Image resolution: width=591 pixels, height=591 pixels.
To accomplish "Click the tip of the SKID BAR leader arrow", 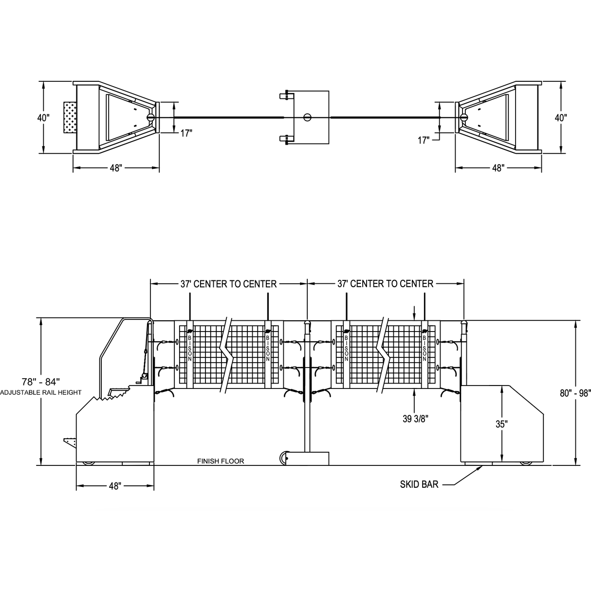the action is (x=482, y=466).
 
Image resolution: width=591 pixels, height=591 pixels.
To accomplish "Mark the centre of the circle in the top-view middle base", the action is (x=307, y=117).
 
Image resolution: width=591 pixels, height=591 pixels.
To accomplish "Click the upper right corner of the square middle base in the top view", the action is (x=329, y=91).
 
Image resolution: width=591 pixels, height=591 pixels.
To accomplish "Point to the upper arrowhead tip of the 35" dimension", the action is (x=501, y=386).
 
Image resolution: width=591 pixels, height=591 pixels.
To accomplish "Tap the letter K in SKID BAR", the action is (x=410, y=484).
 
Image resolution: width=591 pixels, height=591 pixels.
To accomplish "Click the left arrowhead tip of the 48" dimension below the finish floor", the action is (x=76, y=486).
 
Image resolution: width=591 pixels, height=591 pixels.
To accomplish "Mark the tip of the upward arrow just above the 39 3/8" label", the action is (x=414, y=388).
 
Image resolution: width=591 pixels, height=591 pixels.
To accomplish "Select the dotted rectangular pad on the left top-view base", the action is (x=70, y=117).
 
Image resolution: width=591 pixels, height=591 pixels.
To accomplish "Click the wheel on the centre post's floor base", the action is (x=284, y=459).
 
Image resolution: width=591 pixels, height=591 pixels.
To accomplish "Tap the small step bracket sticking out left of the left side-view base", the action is (x=70, y=442).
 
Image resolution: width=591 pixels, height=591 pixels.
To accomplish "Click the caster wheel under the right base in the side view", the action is (x=526, y=463).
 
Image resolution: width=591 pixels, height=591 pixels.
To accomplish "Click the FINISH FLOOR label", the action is (x=221, y=461).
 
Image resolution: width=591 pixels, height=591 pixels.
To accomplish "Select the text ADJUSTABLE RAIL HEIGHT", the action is (x=41, y=392).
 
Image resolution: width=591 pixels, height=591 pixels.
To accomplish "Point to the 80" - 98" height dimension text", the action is (x=575, y=393).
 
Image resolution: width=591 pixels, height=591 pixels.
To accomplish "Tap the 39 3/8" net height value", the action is (x=416, y=419).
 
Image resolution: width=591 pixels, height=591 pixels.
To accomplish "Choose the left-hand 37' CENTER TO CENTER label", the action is (x=228, y=284).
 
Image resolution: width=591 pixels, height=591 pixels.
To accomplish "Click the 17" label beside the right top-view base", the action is (x=424, y=140).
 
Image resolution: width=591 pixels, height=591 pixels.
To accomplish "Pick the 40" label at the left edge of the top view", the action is (x=43, y=118).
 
